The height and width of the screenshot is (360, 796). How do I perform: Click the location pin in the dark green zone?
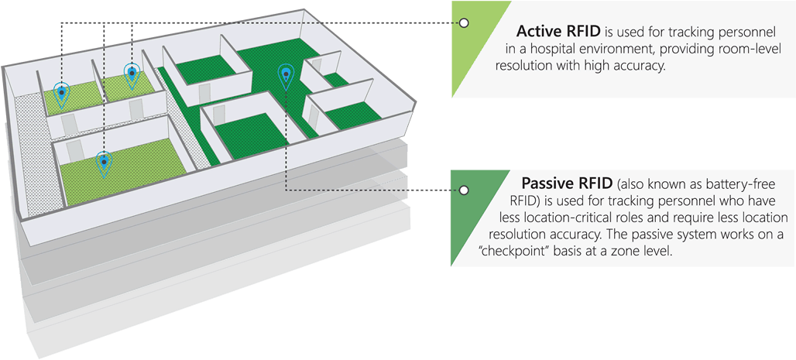pos(286,75)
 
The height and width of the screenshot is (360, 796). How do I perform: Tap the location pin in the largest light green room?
pos(104,163)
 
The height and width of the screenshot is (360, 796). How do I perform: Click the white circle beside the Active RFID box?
pos(464,23)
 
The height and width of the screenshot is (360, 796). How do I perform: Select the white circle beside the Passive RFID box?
pos(464,190)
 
